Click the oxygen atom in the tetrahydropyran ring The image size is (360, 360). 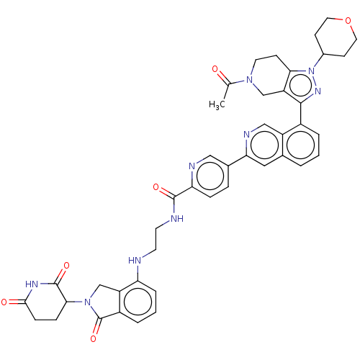[x=348, y=21]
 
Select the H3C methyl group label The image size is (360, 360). [x=217, y=105]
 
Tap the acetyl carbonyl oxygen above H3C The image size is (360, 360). [x=215, y=69]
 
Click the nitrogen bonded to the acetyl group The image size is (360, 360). [x=250, y=80]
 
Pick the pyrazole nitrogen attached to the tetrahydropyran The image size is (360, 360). [x=311, y=71]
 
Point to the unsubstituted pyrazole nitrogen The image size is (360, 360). [x=318, y=91]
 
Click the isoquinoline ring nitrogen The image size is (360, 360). [x=246, y=135]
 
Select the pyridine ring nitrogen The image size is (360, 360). [x=192, y=166]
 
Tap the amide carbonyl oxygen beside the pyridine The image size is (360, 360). [x=156, y=187]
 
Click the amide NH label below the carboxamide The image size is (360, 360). [x=177, y=219]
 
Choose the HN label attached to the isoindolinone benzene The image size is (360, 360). [x=135, y=261]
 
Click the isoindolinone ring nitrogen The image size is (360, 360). [x=88, y=302]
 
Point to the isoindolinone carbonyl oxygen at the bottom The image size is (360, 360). [x=94, y=338]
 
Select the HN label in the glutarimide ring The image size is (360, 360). [x=32, y=284]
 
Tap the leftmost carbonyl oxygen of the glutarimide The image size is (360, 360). [x=4, y=302]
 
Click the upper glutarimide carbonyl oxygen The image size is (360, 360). [x=66, y=266]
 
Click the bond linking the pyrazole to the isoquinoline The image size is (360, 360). [x=301, y=114]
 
